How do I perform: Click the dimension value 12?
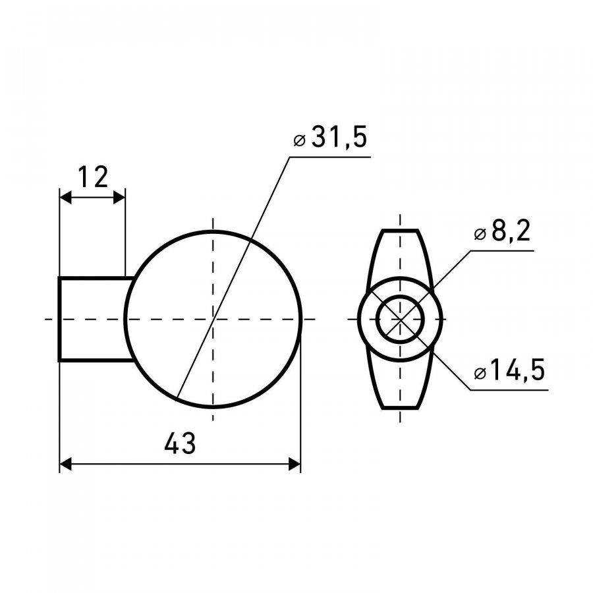pyautogui.click(x=93, y=177)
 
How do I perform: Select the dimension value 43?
pyautogui.click(x=180, y=443)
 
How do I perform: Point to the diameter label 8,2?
pyautogui.click(x=511, y=231)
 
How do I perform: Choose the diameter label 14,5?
pyautogui.click(x=517, y=370)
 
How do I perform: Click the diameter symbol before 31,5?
pyautogui.click(x=299, y=141)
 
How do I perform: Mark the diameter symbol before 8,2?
pyautogui.click(x=480, y=234)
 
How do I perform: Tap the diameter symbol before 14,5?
pyautogui.click(x=480, y=374)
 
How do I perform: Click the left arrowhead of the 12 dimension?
pyautogui.click(x=65, y=197)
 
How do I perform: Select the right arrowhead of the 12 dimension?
pyautogui.click(x=119, y=197)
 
